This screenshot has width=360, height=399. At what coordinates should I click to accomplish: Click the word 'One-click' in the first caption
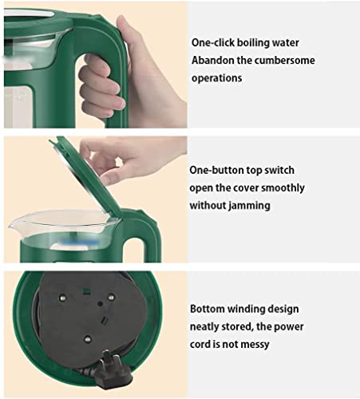pos(213,42)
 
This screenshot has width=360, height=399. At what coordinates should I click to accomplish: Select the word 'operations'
pos(217,78)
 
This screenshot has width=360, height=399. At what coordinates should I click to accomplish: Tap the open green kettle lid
pos(85,176)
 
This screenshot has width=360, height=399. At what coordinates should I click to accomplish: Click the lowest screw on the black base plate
pos(87,339)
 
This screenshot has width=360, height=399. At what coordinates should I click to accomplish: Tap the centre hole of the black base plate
pos(101,303)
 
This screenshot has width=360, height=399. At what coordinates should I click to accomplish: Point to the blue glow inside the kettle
pos(80,243)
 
